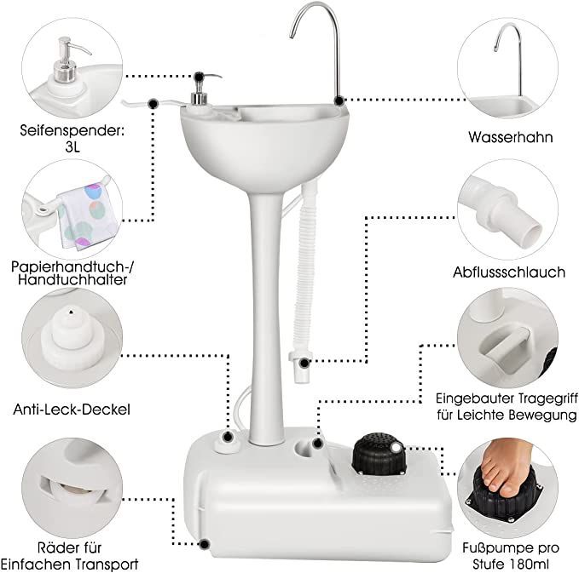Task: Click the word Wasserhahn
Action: [x=511, y=137]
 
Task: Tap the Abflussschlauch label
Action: [x=509, y=272]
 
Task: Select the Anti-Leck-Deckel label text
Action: [x=72, y=410]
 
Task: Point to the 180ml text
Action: [x=528, y=564]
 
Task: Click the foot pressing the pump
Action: [x=507, y=466]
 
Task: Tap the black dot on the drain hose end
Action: [x=304, y=363]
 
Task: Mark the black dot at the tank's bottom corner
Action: [x=204, y=544]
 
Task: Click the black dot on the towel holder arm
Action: [x=153, y=104]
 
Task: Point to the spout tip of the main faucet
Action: [x=292, y=36]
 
